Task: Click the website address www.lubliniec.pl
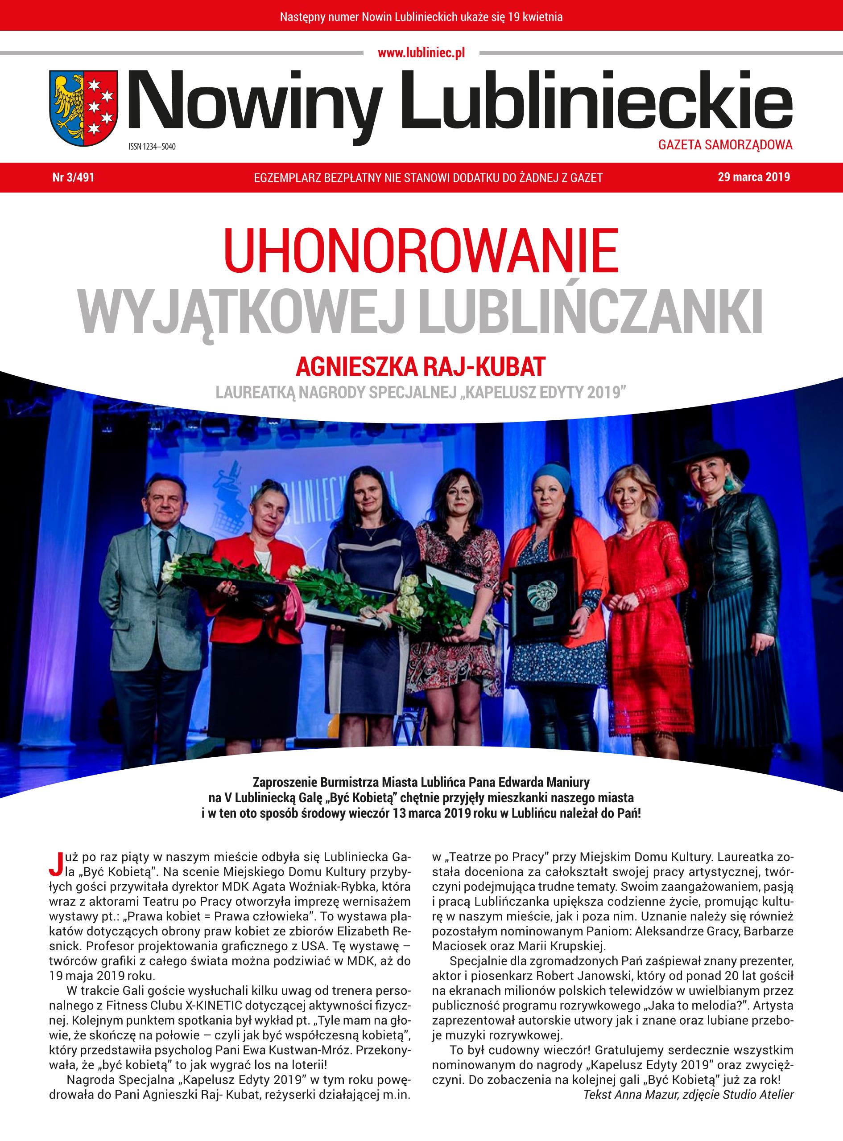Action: point(421,53)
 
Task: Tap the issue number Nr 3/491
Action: point(74,177)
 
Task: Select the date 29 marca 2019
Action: point(753,177)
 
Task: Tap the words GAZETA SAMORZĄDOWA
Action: point(725,145)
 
